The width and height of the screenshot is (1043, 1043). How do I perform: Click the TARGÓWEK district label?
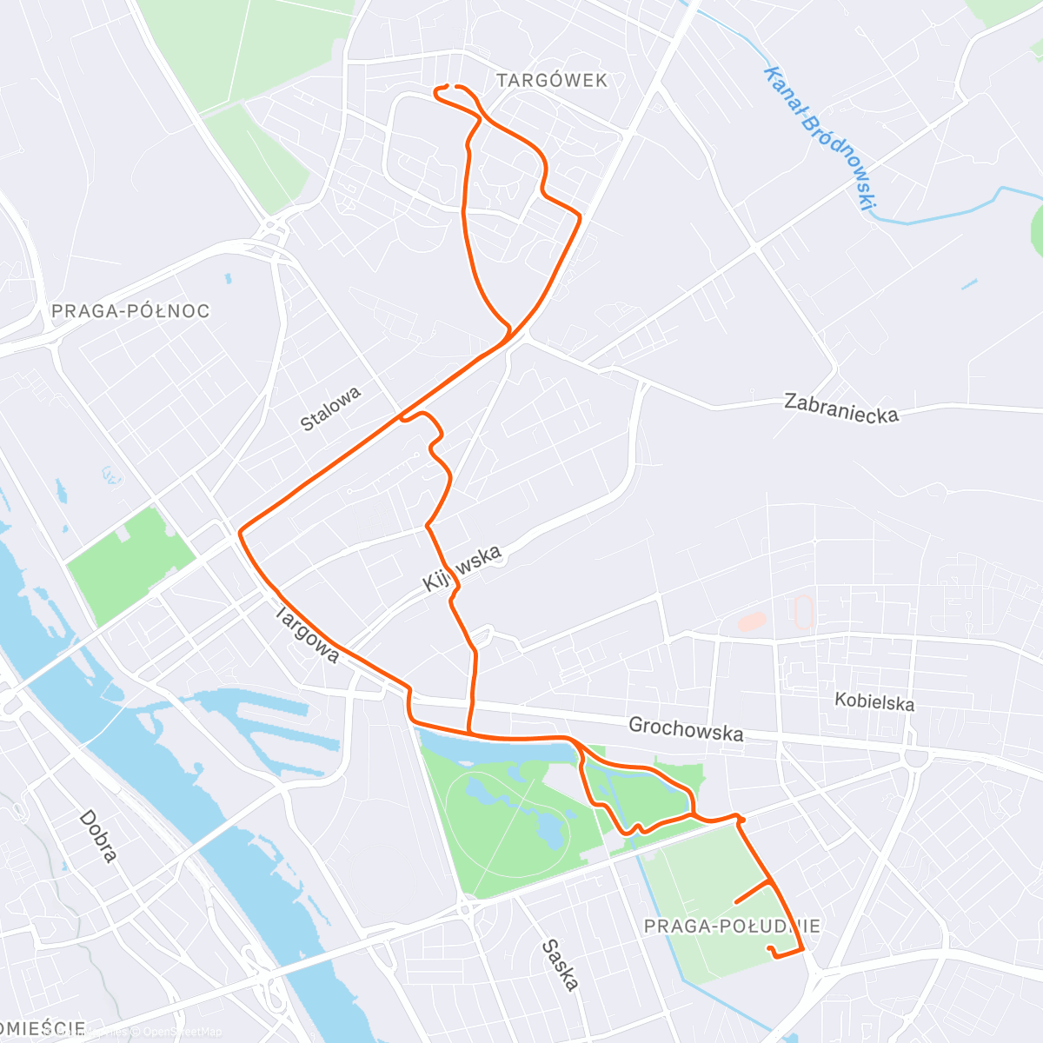pos(552,81)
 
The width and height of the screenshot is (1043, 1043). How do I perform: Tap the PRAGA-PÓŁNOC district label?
pos(130,311)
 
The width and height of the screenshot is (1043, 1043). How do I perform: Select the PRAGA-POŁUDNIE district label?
pos(732,927)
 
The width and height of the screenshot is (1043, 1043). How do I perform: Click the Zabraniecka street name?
pos(840,408)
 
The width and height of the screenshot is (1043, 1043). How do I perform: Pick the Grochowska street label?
pos(686,729)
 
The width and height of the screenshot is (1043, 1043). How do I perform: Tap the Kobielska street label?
pos(874,701)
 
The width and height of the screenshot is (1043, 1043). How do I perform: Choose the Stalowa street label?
pos(330,409)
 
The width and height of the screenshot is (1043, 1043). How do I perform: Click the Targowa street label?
pos(307,634)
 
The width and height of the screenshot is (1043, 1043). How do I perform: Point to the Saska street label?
pos(560,965)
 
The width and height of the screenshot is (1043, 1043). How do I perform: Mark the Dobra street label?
pos(97,836)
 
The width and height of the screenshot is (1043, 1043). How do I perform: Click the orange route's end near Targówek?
pos(448,86)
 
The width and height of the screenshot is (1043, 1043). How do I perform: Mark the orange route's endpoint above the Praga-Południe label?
pos(770,948)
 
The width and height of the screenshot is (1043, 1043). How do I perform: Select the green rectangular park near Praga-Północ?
pos(130,565)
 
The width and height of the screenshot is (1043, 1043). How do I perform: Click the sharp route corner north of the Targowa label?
pos(240,529)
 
